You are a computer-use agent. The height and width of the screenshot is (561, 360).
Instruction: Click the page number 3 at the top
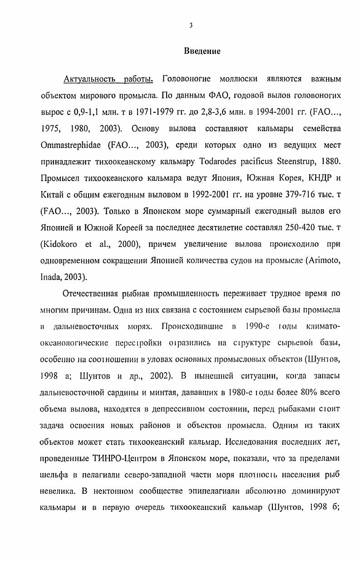pos(191,25)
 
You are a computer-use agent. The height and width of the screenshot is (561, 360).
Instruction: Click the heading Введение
pos(202,51)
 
